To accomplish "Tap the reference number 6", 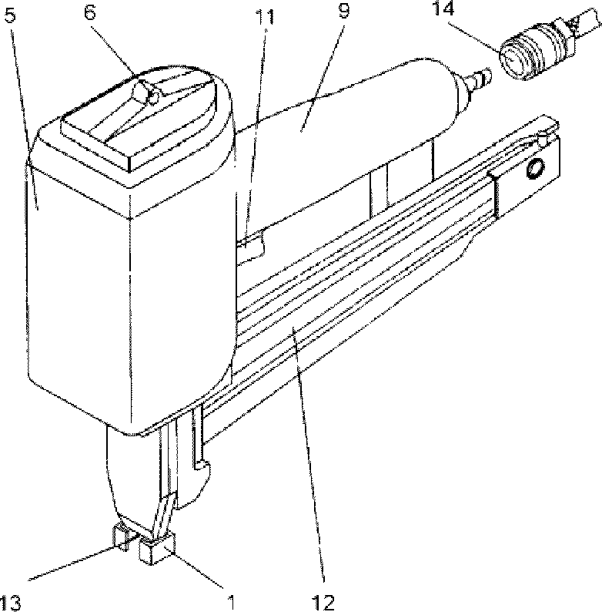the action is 89,12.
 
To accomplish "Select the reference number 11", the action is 265,16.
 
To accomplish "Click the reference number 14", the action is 443,8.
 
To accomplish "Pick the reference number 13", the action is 9,603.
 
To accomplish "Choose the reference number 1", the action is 231,603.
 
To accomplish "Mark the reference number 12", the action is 323,603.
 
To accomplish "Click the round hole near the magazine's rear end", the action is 535,168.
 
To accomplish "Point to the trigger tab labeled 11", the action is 251,245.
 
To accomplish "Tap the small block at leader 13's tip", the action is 122,537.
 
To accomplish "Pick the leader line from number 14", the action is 474,37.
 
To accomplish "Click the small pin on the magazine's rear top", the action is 542,138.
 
